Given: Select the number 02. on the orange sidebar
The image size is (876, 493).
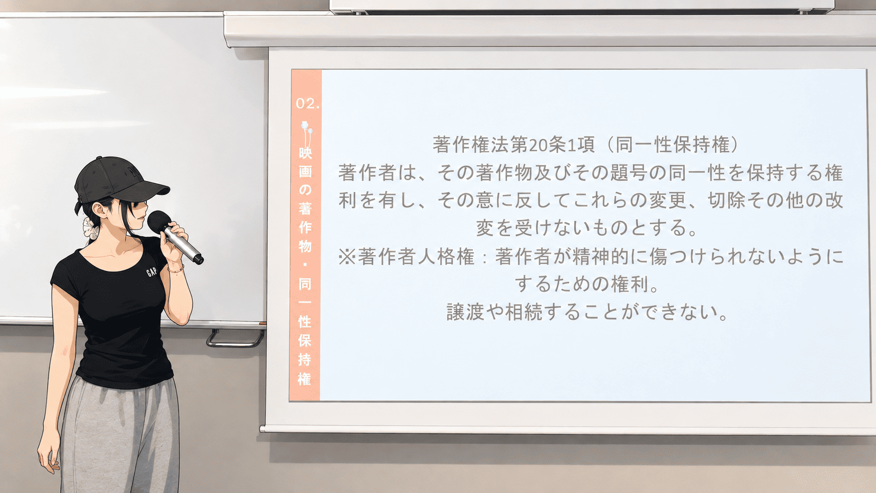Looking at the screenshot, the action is pyautogui.click(x=308, y=103).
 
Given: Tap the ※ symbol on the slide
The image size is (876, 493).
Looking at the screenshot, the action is pyautogui.click(x=347, y=257).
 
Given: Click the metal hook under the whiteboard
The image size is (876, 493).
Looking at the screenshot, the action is pyautogui.click(x=235, y=338).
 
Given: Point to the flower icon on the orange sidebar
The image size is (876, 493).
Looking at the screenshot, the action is pyautogui.click(x=306, y=133).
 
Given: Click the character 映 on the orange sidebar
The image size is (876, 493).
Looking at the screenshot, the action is pyautogui.click(x=305, y=153).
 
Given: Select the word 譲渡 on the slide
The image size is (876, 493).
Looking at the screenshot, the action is pyautogui.click(x=465, y=312).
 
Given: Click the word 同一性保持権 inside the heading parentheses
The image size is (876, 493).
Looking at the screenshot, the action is pyautogui.click(x=673, y=145).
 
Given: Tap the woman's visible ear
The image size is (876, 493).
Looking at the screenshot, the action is pyautogui.click(x=101, y=210).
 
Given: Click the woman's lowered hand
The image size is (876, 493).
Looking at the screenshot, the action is pyautogui.click(x=49, y=456).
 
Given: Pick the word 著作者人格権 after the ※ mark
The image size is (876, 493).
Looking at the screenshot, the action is pyautogui.click(x=416, y=257).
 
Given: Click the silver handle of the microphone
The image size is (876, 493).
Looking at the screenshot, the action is pyautogui.click(x=183, y=244).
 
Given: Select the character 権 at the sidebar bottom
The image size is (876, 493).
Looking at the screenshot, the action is pyautogui.click(x=304, y=378).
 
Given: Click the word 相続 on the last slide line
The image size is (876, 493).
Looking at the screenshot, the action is pyautogui.click(x=524, y=312).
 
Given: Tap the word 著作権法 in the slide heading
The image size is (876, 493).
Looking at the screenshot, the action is pyautogui.click(x=471, y=145).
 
